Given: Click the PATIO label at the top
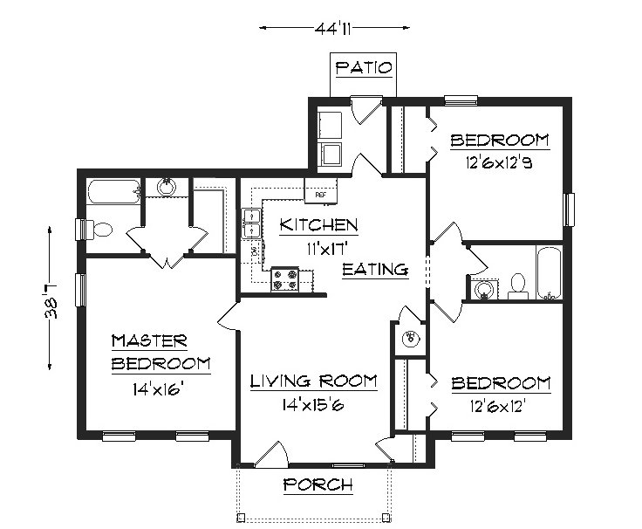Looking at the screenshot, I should pyautogui.click(x=364, y=67).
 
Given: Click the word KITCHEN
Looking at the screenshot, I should pyautogui.click(x=318, y=225).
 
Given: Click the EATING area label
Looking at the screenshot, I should pyautogui.click(x=375, y=270).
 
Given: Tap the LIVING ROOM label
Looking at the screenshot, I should pyautogui.click(x=313, y=381).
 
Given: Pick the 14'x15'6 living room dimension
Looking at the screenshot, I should pyautogui.click(x=313, y=403).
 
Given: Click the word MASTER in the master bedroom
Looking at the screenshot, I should pyautogui.click(x=149, y=340).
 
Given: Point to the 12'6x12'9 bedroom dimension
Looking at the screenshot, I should pyautogui.click(x=499, y=161).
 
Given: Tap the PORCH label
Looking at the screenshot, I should pyautogui.click(x=318, y=484).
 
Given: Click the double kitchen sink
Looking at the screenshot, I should pyautogui.click(x=251, y=223).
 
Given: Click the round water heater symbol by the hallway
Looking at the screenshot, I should pyautogui.click(x=409, y=337).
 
